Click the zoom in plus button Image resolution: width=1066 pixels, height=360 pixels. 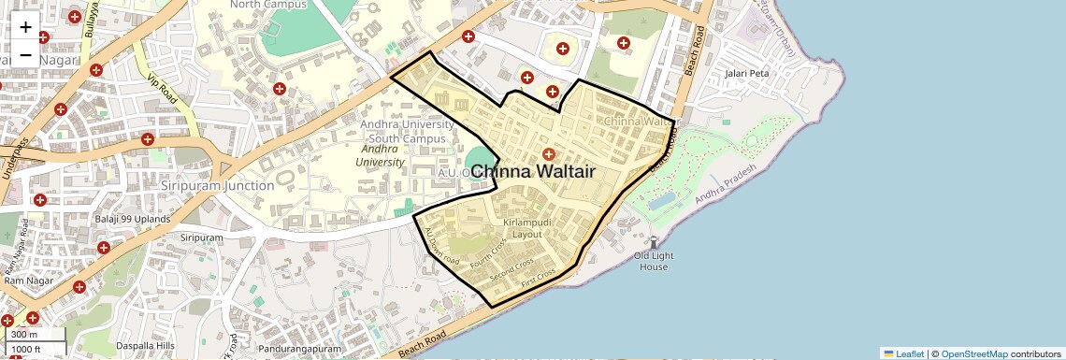(25, 27)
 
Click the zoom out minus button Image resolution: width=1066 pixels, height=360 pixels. (25, 54)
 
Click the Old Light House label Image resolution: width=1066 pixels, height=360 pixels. (653, 261)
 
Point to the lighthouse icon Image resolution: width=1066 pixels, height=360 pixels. (653, 242)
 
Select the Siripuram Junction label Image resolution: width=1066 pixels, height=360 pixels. (217, 185)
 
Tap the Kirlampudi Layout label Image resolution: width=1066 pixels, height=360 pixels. (523, 228)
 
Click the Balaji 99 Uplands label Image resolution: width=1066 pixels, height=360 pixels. (133, 219)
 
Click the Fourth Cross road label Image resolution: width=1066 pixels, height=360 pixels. (488, 252)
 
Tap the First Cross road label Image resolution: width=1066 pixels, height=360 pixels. (540, 276)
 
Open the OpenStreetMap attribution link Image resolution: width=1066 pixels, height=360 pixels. (973, 353)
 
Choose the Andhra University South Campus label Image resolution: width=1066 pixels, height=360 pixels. (403, 132)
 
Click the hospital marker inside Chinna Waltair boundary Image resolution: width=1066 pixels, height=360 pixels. (549, 154)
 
